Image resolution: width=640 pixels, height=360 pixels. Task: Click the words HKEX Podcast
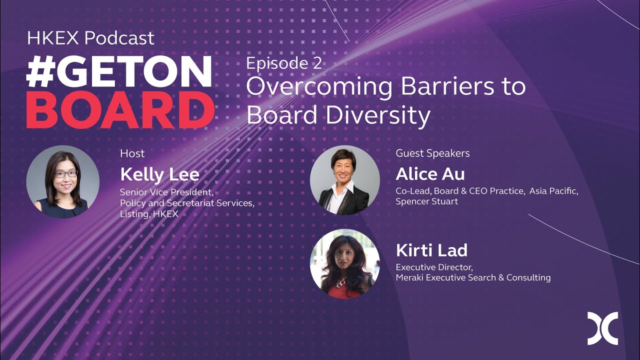[90, 38]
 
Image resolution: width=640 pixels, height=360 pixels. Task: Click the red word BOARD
[120, 110]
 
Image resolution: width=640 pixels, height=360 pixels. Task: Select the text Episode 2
[283, 63]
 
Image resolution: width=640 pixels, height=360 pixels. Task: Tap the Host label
[132, 153]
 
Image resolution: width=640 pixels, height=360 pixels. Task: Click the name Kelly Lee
[159, 174]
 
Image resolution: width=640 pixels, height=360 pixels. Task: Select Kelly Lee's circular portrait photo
[62, 181]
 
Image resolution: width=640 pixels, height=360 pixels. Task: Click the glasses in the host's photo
[65, 174]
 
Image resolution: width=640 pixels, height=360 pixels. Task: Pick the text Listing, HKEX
[149, 213]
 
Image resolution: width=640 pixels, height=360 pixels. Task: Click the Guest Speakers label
[432, 153]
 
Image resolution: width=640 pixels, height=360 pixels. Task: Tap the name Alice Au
[430, 174]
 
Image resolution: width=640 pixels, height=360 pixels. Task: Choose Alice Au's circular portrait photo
[344, 180]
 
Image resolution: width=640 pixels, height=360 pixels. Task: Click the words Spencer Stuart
[426, 201]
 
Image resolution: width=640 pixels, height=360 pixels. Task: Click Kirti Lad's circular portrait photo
[344, 263]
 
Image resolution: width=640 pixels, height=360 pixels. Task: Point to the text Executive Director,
[434, 267]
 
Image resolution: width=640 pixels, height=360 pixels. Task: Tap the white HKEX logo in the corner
[602, 328]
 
